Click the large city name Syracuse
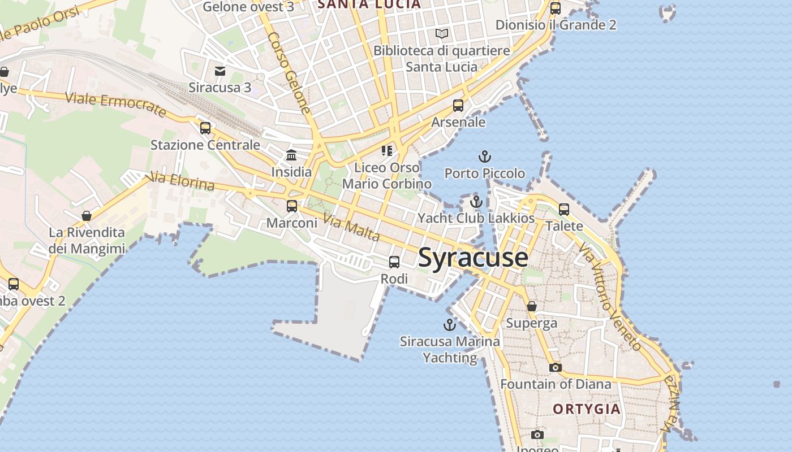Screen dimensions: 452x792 473,258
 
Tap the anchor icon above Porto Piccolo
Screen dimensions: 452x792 484,157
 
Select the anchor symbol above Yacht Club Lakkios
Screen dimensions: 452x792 476,202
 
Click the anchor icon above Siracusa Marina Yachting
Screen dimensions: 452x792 449,325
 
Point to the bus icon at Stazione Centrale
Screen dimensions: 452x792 205,128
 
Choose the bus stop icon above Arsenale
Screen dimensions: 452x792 458,106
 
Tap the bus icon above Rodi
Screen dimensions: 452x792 394,262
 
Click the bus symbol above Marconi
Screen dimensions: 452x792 292,206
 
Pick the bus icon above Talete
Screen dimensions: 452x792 564,210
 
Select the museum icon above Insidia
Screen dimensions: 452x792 291,155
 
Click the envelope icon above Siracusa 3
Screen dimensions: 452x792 220,71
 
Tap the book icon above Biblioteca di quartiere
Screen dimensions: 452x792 442,34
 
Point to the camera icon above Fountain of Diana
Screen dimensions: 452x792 556,368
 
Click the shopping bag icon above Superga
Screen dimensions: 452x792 532,307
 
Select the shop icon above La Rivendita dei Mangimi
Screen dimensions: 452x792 87,216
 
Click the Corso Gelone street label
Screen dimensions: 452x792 290,72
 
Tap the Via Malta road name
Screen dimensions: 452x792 351,227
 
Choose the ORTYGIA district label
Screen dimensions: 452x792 587,409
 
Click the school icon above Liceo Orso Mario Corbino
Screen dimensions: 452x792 387,150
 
